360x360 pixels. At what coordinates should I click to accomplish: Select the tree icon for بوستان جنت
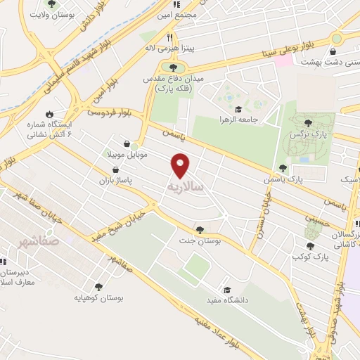(200, 229)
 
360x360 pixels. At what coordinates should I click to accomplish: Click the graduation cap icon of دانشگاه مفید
(227, 290)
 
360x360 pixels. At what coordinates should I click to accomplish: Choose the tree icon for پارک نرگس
(308, 123)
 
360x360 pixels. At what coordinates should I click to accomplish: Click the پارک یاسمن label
(309, 179)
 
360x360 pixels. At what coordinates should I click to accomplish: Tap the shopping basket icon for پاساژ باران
(116, 170)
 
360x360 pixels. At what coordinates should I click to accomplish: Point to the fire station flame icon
(49, 114)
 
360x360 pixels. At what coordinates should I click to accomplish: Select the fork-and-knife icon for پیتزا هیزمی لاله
(169, 37)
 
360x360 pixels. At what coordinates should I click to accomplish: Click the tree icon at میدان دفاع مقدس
(173, 67)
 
